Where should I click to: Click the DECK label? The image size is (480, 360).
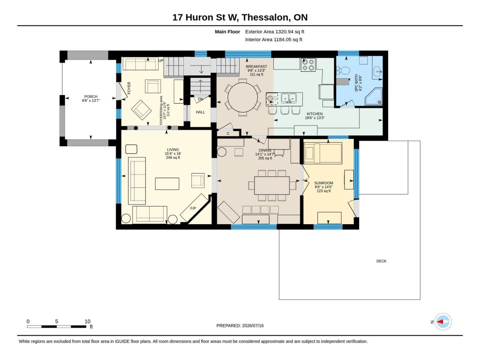[381, 261]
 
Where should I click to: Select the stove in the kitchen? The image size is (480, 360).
[308, 65]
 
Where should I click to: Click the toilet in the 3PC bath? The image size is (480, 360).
[345, 70]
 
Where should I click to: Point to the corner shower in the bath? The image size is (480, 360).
[375, 96]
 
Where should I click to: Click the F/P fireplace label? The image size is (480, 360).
[193, 208]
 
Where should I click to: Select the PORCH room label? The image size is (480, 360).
[91, 96]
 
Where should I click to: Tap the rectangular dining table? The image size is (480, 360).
[272, 186]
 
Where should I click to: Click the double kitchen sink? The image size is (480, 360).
[289, 98]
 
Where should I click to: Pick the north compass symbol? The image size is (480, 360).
[443, 322]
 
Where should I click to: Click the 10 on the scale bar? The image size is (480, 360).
[87, 321]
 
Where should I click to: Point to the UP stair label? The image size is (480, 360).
[161, 61]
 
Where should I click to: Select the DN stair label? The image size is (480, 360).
[200, 99]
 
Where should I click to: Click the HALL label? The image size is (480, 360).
[200, 112]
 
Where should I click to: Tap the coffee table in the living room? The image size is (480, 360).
[167, 184]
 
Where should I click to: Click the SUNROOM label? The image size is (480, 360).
[324, 183]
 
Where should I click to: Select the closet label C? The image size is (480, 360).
[228, 134]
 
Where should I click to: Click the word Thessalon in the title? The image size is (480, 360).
[266, 17]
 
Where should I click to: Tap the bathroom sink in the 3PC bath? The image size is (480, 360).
[378, 72]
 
